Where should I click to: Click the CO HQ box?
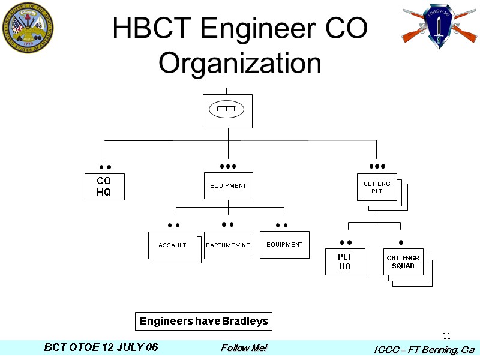[104, 187]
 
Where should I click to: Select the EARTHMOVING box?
[229, 245]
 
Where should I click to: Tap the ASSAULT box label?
[172, 245]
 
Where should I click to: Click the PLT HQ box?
[345, 262]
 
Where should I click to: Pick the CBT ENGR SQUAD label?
[403, 262]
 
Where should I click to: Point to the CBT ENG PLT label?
[377, 187]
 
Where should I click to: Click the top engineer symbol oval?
[226, 109]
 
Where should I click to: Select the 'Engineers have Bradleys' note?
[203, 322]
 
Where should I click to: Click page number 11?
[446, 335]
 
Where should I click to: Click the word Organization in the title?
[239, 63]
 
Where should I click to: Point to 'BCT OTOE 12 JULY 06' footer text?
[101, 348]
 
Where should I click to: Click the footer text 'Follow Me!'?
[244, 348]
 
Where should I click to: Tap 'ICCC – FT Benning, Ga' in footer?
[424, 349]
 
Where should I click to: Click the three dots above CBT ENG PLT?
[377, 166]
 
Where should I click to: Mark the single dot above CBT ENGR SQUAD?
[401, 242]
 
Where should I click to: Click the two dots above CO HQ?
[105, 167]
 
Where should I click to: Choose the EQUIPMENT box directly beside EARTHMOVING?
[284, 245]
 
